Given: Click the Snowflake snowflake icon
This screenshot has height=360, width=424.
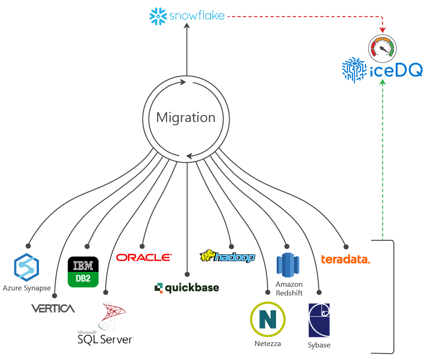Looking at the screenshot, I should pyautogui.click(x=158, y=17).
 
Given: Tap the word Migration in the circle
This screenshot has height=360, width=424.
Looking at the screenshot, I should pyautogui.click(x=186, y=117).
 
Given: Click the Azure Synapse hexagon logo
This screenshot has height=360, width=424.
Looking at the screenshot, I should pyautogui.click(x=26, y=268).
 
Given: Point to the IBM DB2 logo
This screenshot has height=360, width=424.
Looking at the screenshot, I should pyautogui.click(x=83, y=272).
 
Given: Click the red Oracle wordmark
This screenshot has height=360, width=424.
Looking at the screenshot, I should pyautogui.click(x=144, y=257).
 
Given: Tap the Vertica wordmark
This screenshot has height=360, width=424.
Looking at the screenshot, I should pyautogui.click(x=53, y=309).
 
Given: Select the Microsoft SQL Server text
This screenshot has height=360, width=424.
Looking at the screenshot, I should pyautogui.click(x=106, y=338).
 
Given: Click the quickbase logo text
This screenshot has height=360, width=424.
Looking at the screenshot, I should pyautogui.click(x=186, y=288).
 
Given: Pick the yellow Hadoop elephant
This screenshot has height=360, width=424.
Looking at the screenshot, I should pyautogui.click(x=206, y=256).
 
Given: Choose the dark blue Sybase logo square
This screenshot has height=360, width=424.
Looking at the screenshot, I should pyautogui.click(x=319, y=320).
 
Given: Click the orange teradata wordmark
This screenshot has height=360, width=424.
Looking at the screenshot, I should pyautogui.click(x=345, y=259).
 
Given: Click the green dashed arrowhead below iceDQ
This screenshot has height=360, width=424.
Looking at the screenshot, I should pyautogui.click(x=382, y=82).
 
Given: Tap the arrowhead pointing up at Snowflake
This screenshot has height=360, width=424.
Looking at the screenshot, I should pyautogui.click(x=186, y=26).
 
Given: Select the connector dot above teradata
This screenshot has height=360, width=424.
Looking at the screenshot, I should pyautogui.click(x=345, y=246).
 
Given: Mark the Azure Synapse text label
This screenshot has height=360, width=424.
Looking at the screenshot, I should pyautogui.click(x=27, y=288).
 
